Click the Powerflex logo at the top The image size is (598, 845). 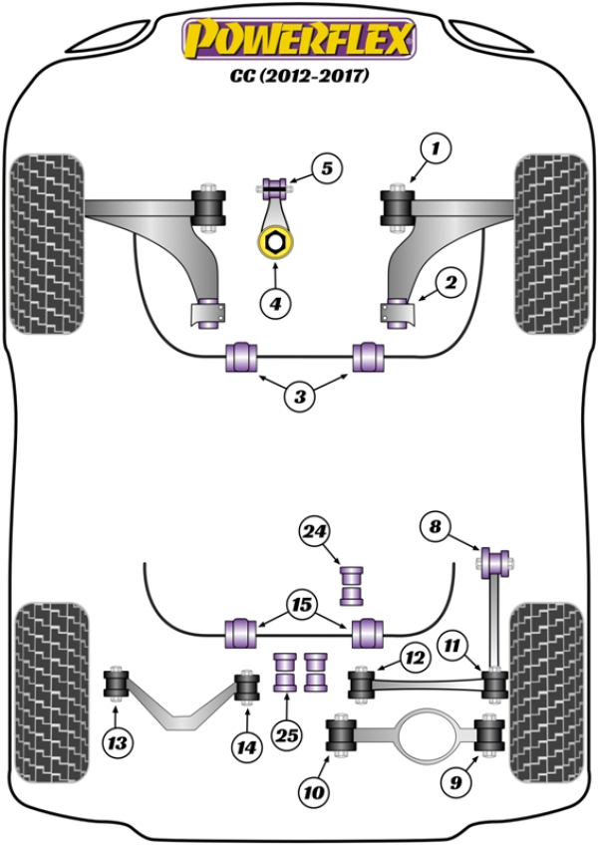coord(298,40)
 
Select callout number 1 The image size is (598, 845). coord(434,150)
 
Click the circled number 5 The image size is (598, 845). coord(327,168)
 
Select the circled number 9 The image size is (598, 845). coord(455,783)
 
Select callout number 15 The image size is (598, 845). coord(301,604)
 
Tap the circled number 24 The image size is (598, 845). coord(315,535)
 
